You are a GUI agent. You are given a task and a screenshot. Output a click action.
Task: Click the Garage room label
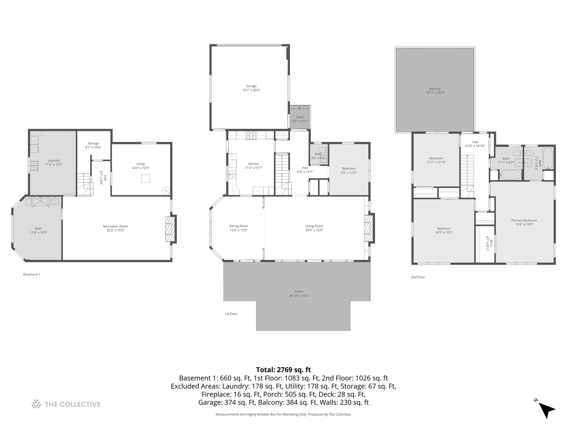point(251,86)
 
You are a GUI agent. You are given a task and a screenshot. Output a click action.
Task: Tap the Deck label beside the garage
point(300,117)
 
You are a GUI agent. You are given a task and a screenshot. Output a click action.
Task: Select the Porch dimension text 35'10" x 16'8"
point(299,296)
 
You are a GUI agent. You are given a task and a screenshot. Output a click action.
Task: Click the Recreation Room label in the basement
point(115,226)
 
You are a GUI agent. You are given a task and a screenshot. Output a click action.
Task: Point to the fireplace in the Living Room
point(368,228)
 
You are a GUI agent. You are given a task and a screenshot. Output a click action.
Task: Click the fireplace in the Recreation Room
point(169,228)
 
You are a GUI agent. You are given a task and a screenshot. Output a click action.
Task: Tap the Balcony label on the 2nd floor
point(435,89)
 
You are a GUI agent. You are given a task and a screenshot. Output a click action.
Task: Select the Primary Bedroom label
point(524,220)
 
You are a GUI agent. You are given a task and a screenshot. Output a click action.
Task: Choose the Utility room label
point(141,164)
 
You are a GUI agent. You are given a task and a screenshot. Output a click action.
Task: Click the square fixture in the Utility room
point(145,179)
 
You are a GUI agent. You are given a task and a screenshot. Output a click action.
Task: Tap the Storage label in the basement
point(93,144)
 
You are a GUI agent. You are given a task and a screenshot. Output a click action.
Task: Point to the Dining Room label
point(239,226)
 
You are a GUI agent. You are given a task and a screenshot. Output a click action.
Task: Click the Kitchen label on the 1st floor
point(253,164)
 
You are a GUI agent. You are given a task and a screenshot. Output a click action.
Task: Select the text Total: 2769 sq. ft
point(283,370)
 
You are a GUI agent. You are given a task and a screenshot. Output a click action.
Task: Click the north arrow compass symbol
point(546,409)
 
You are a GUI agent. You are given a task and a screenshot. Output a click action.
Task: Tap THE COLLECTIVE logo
point(66,404)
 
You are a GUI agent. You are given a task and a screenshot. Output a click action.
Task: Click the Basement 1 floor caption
point(31,275)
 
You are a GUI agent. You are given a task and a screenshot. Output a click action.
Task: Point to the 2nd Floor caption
point(418,277)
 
